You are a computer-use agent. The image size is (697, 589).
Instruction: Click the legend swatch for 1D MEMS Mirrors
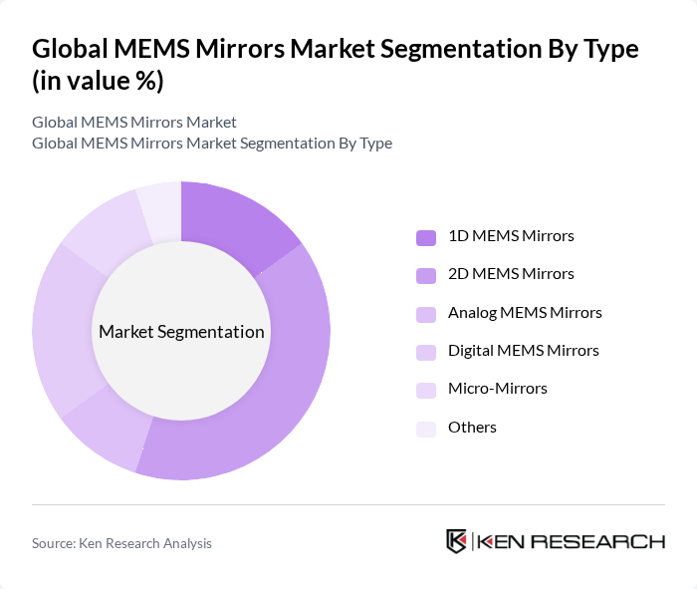tap(426, 237)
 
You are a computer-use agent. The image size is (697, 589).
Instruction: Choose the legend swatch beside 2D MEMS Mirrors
tap(426, 275)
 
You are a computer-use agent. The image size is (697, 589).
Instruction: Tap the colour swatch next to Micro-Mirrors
tap(426, 390)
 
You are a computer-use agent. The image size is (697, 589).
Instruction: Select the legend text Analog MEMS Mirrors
tap(525, 313)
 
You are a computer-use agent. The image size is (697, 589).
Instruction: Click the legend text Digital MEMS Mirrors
tap(523, 351)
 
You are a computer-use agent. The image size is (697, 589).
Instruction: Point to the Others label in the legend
tap(472, 428)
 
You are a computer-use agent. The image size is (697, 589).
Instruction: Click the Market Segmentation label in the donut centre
tap(181, 332)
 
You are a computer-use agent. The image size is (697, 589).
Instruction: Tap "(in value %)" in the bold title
tap(98, 82)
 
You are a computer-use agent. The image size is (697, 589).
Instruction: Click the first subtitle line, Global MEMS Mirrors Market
tap(134, 122)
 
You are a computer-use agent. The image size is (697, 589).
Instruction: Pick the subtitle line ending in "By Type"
tap(212, 143)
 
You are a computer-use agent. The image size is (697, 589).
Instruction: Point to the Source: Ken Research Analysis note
tap(121, 543)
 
